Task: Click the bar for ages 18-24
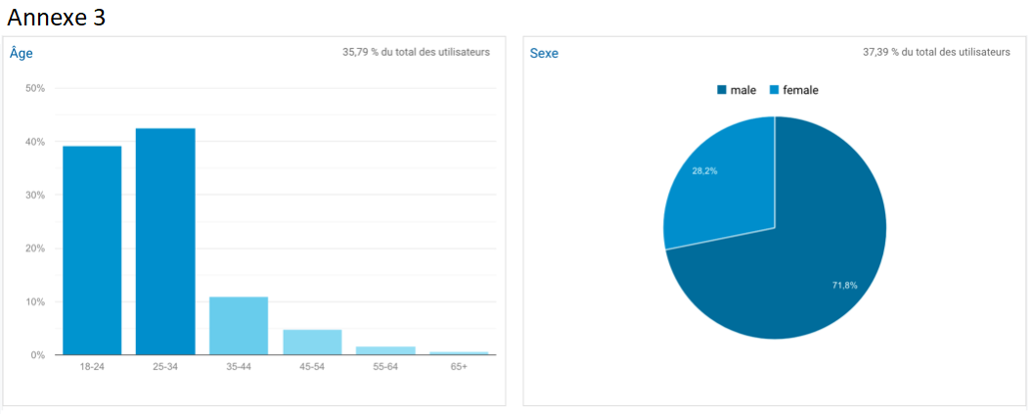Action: [x=92, y=250]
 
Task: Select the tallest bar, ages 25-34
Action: [x=165, y=241]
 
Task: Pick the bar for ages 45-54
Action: [x=312, y=342]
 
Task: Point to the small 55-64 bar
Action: [x=385, y=349]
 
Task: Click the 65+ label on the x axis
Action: [x=459, y=366]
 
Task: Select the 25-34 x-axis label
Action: [x=165, y=366]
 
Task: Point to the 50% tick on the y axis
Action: [x=35, y=89]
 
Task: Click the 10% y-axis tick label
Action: [x=35, y=301]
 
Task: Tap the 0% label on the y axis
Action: [x=37, y=355]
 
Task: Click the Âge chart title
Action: [x=22, y=53]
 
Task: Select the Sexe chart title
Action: [x=544, y=53]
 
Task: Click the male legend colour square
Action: [x=722, y=90]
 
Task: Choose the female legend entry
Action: [x=794, y=90]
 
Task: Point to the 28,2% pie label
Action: [x=704, y=170]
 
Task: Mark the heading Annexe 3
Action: [x=56, y=18]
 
